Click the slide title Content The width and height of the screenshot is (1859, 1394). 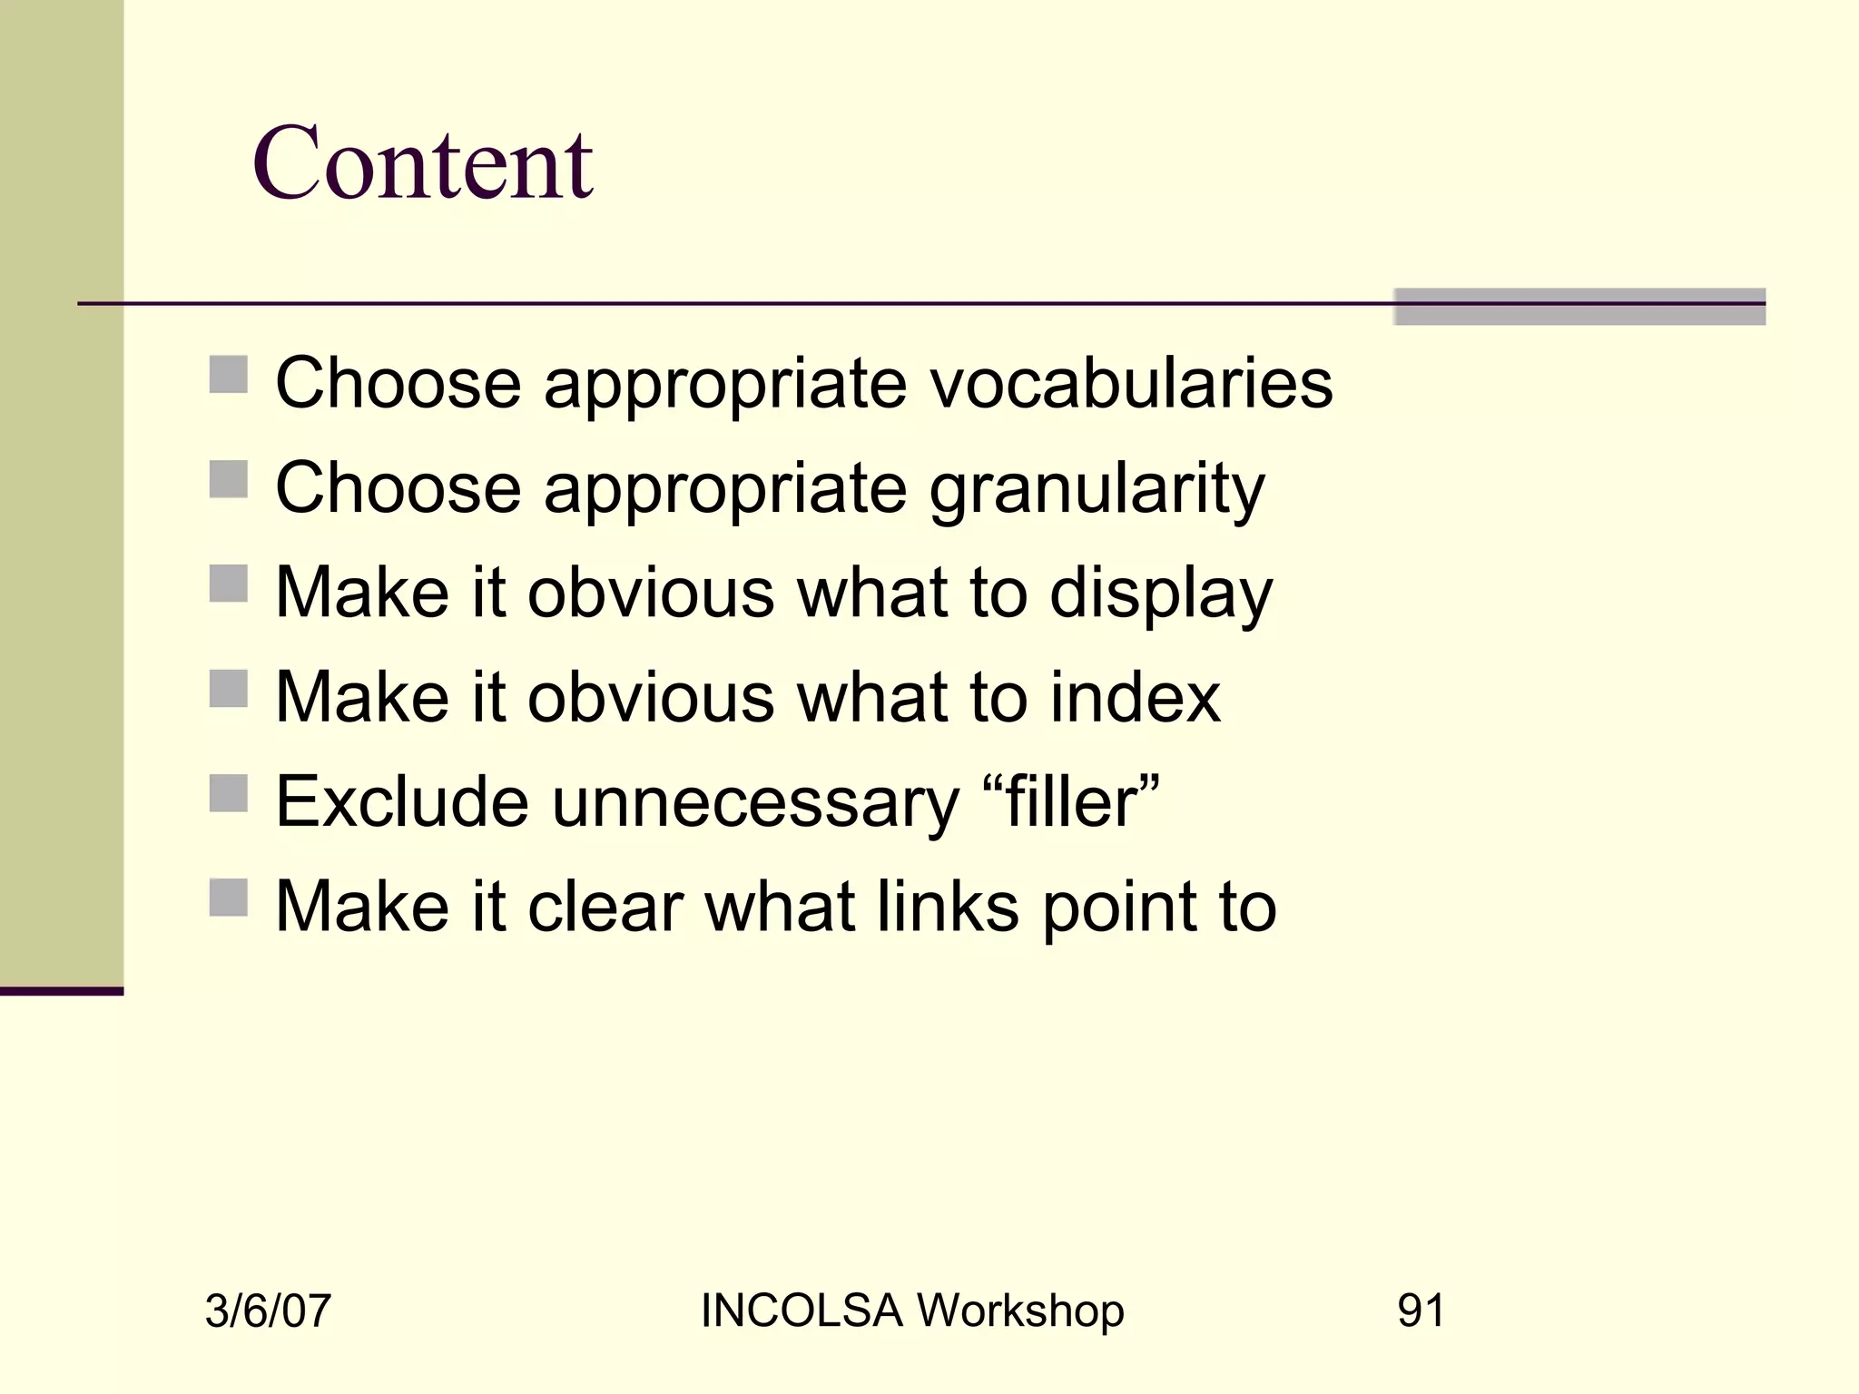423,163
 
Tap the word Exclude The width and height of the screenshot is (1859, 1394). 402,802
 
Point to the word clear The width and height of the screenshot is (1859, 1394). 605,907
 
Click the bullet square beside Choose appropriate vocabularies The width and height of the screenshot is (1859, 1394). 228,375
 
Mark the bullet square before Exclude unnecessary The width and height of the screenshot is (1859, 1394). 228,793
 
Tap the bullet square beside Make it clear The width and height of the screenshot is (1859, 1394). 228,898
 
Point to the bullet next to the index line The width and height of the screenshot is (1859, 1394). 228,689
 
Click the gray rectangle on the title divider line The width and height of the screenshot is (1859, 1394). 1579,307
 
